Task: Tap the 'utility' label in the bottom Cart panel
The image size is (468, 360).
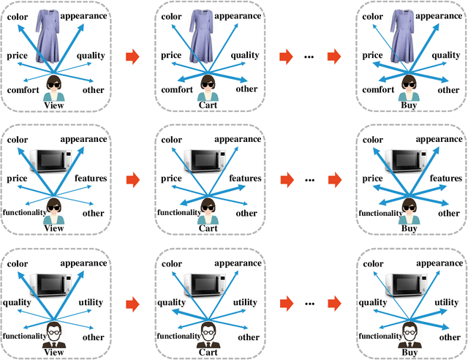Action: [245, 301]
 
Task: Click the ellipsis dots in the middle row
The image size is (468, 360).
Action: [306, 177]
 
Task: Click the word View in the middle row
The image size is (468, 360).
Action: [55, 228]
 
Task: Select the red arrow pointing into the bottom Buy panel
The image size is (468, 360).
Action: [333, 301]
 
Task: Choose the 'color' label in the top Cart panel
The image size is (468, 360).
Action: [171, 15]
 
